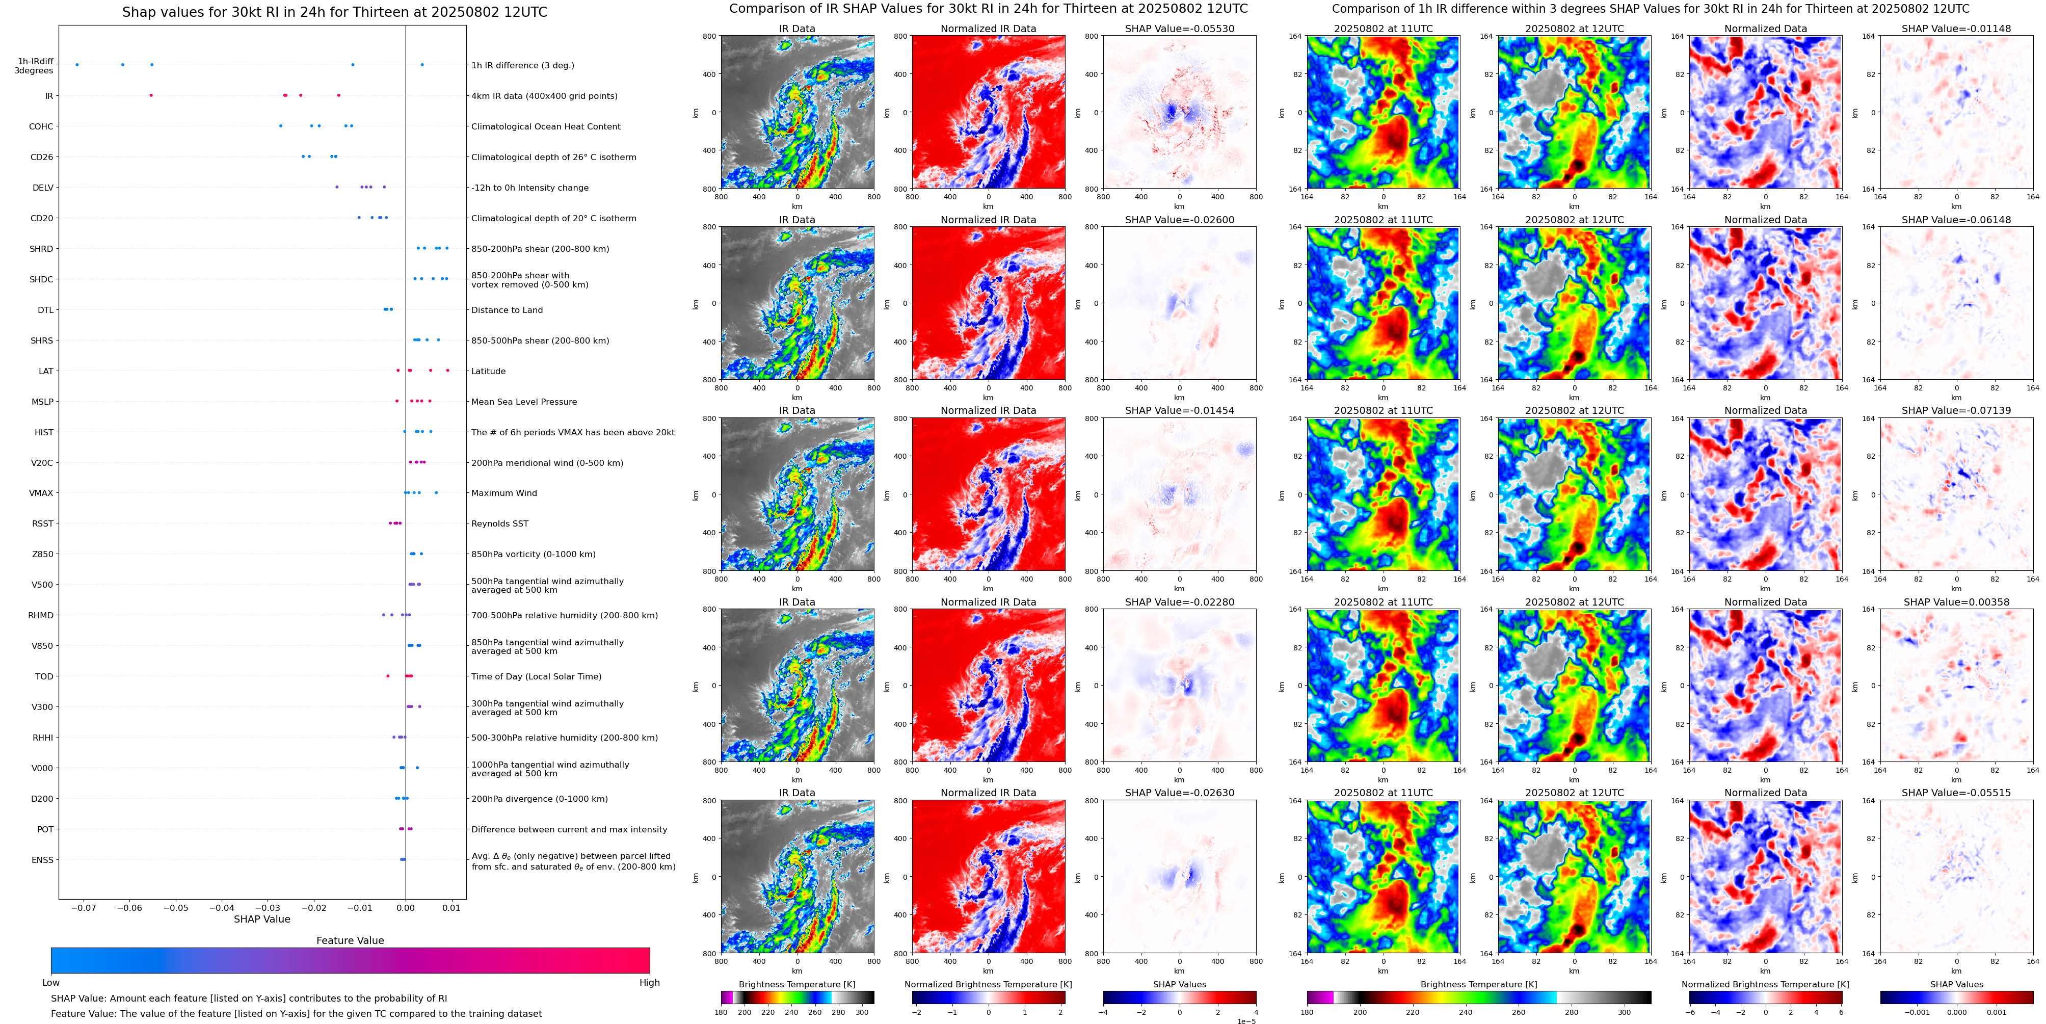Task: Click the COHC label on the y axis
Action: coord(41,126)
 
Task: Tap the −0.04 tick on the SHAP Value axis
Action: coord(222,907)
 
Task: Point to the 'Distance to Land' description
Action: coord(507,310)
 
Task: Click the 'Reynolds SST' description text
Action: coord(499,523)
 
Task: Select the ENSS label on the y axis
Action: coord(43,859)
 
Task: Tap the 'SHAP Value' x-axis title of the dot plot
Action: coord(261,919)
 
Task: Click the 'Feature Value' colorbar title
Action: coord(350,940)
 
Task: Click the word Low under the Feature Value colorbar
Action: coord(51,983)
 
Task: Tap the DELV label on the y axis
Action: coord(43,188)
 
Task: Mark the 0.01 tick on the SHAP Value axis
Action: coord(451,907)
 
